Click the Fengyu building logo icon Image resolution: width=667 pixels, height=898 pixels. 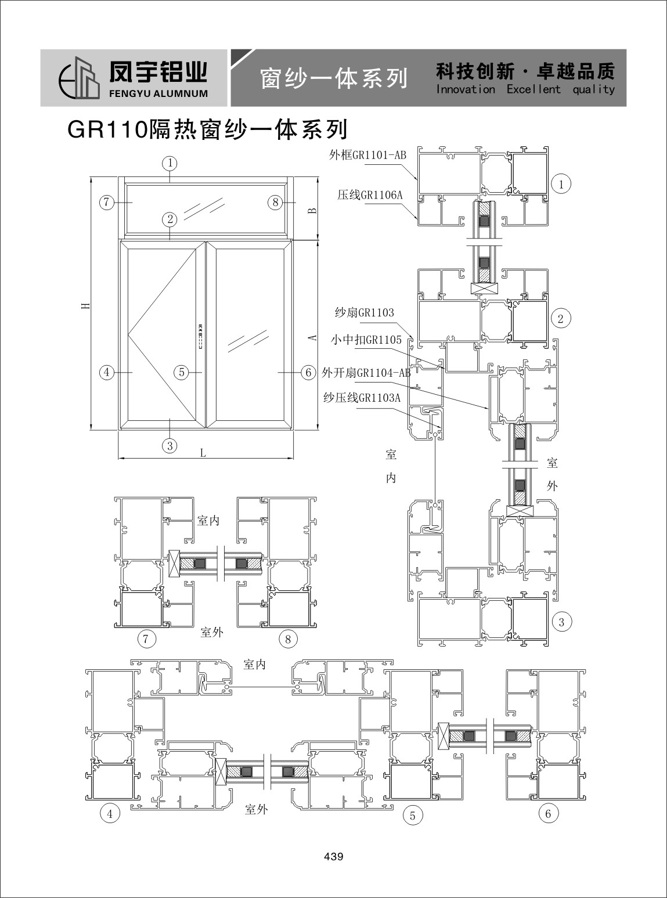tap(79, 78)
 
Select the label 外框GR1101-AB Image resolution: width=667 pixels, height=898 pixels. tap(367, 155)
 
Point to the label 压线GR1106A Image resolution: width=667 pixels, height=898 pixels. tap(370, 195)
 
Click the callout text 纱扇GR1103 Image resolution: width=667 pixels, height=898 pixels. tap(365, 312)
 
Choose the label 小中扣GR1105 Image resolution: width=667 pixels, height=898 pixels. tap(366, 339)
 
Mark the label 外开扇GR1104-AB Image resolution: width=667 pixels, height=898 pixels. tap(366, 372)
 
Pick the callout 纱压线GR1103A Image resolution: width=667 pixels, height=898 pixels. tap(362, 398)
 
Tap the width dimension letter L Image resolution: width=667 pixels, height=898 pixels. tap(203, 453)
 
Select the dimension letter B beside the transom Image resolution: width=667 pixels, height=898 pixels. tap(313, 211)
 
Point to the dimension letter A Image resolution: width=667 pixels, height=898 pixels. tap(313, 337)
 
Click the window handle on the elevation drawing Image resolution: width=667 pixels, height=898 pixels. tap(200, 336)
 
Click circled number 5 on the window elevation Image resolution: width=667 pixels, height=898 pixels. tap(182, 372)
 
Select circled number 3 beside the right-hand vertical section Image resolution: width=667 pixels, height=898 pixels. tap(561, 622)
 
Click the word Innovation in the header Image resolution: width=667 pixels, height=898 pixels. tap(466, 89)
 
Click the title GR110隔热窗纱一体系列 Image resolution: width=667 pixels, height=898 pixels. tap(207, 129)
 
